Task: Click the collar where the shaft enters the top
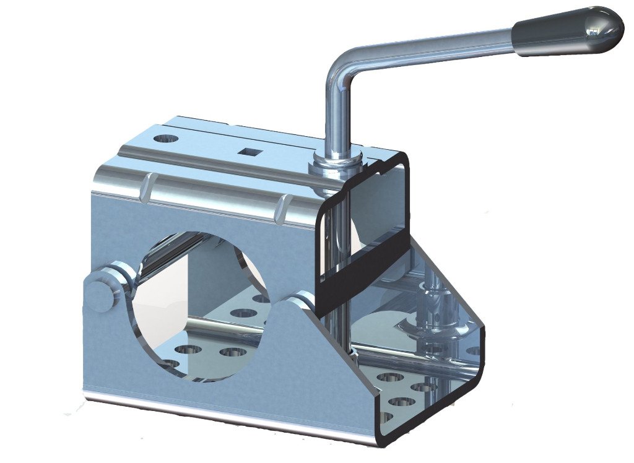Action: [337, 162]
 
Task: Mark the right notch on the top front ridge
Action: [285, 207]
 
